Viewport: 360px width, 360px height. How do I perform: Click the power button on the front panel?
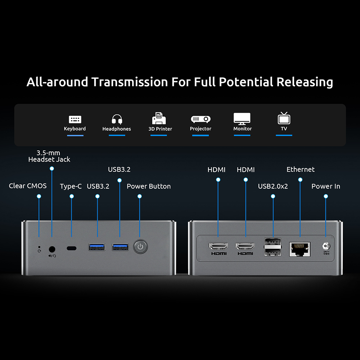coord(140,247)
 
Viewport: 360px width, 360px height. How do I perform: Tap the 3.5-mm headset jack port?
coord(52,248)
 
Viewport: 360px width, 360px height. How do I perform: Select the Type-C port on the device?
coord(72,248)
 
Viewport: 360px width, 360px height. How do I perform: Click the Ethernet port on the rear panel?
coord(300,248)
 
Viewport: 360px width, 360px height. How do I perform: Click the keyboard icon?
coord(75,120)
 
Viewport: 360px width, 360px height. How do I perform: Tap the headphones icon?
coord(117,119)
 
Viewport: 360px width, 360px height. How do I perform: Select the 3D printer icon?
coord(159,118)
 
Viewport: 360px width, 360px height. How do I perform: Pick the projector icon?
coord(201,119)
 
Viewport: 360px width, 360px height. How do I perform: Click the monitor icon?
coord(242,119)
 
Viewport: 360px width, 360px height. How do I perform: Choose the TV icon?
coord(284,118)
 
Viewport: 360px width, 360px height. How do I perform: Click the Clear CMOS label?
coord(28,186)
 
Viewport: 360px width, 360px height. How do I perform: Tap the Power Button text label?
coord(149,186)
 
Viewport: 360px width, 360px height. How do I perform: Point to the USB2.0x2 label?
coord(273,186)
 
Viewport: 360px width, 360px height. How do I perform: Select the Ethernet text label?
coord(301,170)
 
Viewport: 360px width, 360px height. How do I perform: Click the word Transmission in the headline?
coord(130,82)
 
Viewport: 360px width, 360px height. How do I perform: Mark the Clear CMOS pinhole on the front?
coord(39,247)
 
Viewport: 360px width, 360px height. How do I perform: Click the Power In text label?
coord(326,186)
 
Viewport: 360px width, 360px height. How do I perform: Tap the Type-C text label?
coord(71,186)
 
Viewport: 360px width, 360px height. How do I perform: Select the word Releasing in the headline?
coord(305,82)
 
